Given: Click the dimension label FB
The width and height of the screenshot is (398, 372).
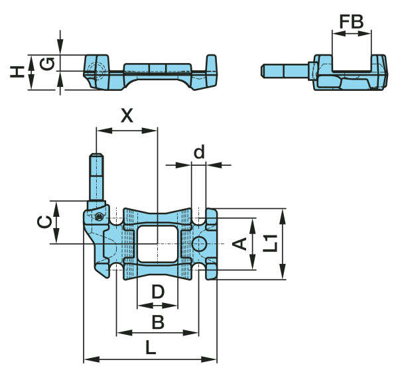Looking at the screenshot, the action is click(352, 22).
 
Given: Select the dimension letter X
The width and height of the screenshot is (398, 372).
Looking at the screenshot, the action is click(127, 115).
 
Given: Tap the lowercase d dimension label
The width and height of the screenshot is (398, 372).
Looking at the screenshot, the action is click(199, 152).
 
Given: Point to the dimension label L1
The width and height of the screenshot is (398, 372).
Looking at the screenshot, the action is click(270, 243).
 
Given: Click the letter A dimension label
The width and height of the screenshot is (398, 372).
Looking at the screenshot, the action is click(239, 243).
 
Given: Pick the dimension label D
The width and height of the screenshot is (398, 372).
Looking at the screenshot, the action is click(158, 292).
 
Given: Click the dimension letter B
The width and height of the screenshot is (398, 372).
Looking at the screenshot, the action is click(158, 322).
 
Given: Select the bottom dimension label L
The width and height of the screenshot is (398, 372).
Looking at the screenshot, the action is click(151, 347).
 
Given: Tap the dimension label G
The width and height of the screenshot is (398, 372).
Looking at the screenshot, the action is click(47, 64).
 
